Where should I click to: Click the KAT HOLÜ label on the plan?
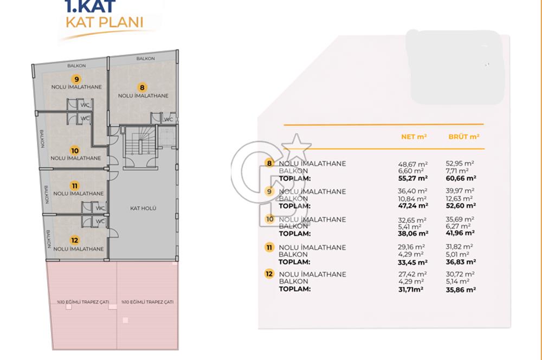click(x=143, y=208)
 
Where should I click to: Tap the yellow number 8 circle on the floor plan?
click(x=141, y=87)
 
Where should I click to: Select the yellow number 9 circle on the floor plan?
click(x=76, y=79)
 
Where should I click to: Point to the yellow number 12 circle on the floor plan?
click(x=75, y=240)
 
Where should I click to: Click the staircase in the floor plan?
click(x=140, y=143)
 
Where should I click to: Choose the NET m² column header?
click(x=414, y=137)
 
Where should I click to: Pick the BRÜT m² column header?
click(x=463, y=137)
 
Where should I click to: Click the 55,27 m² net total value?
click(x=412, y=178)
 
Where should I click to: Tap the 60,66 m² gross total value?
click(x=461, y=178)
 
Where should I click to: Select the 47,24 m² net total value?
click(x=412, y=206)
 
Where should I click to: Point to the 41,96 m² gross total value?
click(x=460, y=233)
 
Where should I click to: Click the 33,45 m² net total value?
click(x=412, y=262)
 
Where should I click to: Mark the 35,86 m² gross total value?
click(x=461, y=290)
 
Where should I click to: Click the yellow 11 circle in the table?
click(x=269, y=247)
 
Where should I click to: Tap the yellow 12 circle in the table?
click(x=269, y=274)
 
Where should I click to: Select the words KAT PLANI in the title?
click(x=105, y=22)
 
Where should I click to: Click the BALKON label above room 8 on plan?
click(x=145, y=59)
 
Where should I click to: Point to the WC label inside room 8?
click(x=169, y=119)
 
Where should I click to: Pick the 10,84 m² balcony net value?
click(x=412, y=199)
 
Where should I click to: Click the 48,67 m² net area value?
click(x=412, y=164)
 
